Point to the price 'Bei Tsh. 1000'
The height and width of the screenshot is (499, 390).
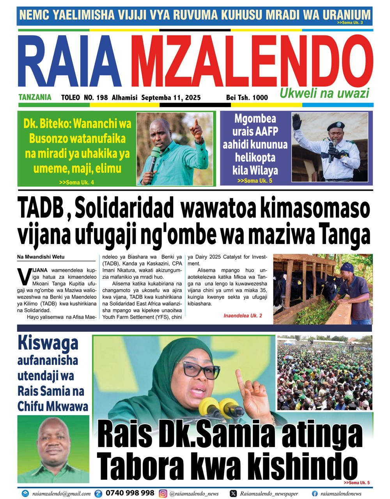tap(247, 97)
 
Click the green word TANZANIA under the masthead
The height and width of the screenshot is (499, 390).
tap(35, 97)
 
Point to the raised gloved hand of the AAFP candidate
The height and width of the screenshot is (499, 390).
tap(298, 122)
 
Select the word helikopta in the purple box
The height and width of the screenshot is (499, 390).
tap(255, 158)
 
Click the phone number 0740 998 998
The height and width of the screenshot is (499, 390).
tap(130, 493)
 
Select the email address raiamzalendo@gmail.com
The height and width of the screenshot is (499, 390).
tap(61, 494)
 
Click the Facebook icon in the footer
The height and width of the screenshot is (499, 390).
tap(315, 494)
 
